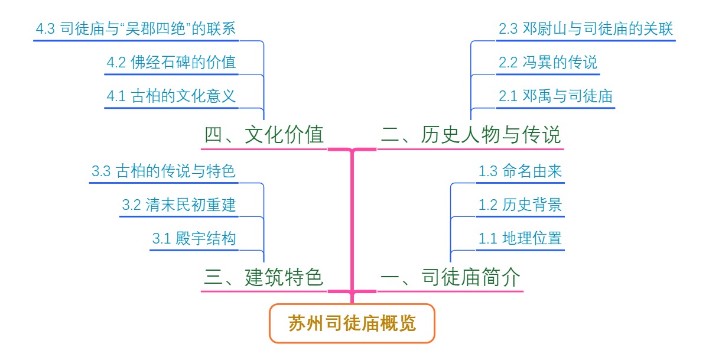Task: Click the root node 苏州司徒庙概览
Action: pyautogui.click(x=352, y=323)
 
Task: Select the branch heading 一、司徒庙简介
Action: pyautogui.click(x=451, y=277)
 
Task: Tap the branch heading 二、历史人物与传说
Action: pyautogui.click(x=470, y=135)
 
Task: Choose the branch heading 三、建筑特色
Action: pyautogui.click(x=264, y=277)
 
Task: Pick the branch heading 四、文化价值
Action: pyautogui.click(x=264, y=135)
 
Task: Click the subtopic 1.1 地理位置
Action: pyautogui.click(x=520, y=239)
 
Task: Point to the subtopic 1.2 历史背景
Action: pyautogui.click(x=520, y=205)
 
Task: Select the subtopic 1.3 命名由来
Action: pyautogui.click(x=520, y=172)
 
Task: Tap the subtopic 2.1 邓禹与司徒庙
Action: pyautogui.click(x=555, y=96)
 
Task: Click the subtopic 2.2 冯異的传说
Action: pyautogui.click(x=548, y=62)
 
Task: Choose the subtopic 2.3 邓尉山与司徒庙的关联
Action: pyautogui.click(x=586, y=29)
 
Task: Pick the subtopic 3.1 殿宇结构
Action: pyautogui.click(x=194, y=239)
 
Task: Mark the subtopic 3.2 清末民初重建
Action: pyautogui.click(x=178, y=205)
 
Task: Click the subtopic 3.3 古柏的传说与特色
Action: pyautogui.click(x=164, y=172)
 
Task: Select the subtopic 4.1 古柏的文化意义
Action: pyautogui.click(x=171, y=96)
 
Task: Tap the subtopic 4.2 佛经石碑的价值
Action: pyautogui.click(x=171, y=62)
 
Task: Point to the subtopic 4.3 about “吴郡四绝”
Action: pyautogui.click(x=136, y=29)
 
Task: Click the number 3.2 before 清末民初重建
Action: pyautogui.click(x=131, y=206)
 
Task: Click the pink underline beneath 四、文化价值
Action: pyautogui.click(x=264, y=149)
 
